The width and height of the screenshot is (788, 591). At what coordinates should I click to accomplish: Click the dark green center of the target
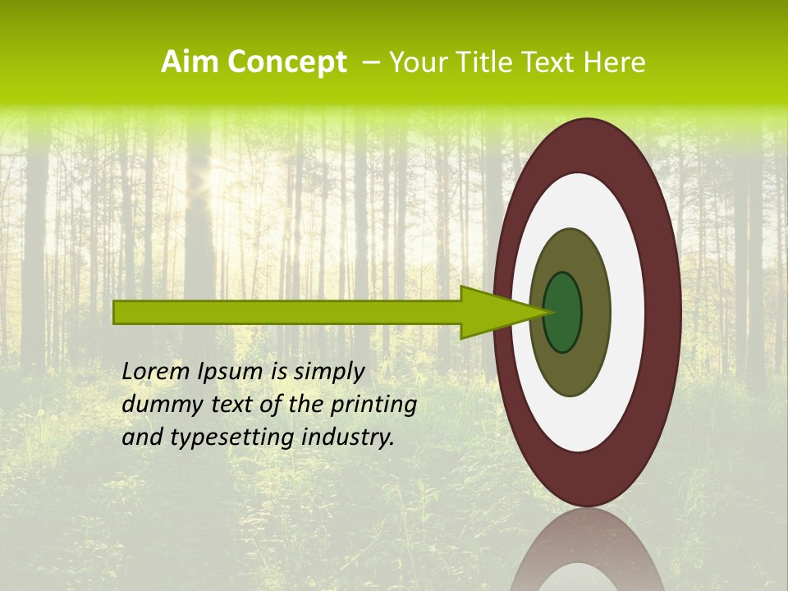click(x=563, y=313)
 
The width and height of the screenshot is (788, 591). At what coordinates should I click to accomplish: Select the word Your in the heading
click(x=414, y=62)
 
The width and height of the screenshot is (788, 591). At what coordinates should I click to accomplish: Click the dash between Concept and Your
click(x=371, y=63)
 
